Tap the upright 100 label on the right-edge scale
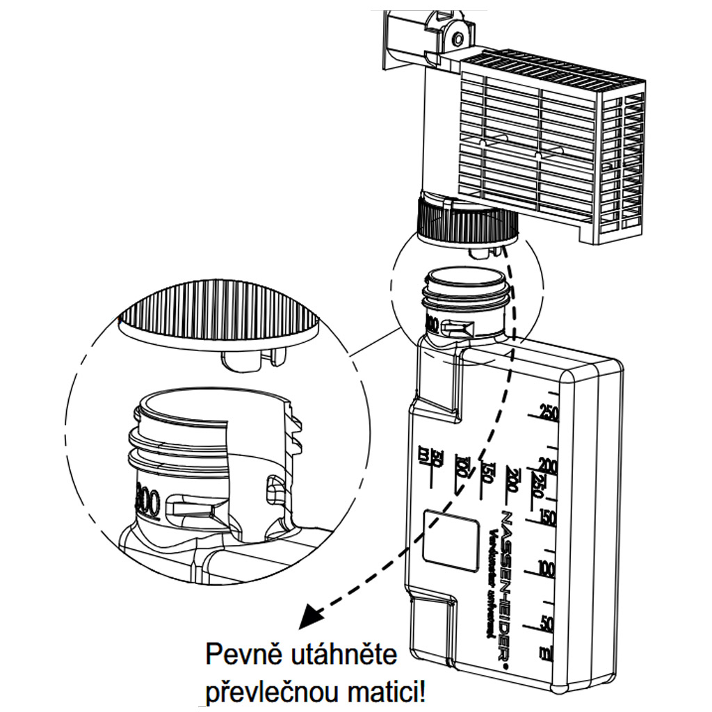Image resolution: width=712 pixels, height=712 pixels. coord(547,569)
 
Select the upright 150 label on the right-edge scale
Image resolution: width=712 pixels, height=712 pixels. coord(548,517)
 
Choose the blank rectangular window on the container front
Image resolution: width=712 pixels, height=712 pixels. coord(451,542)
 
